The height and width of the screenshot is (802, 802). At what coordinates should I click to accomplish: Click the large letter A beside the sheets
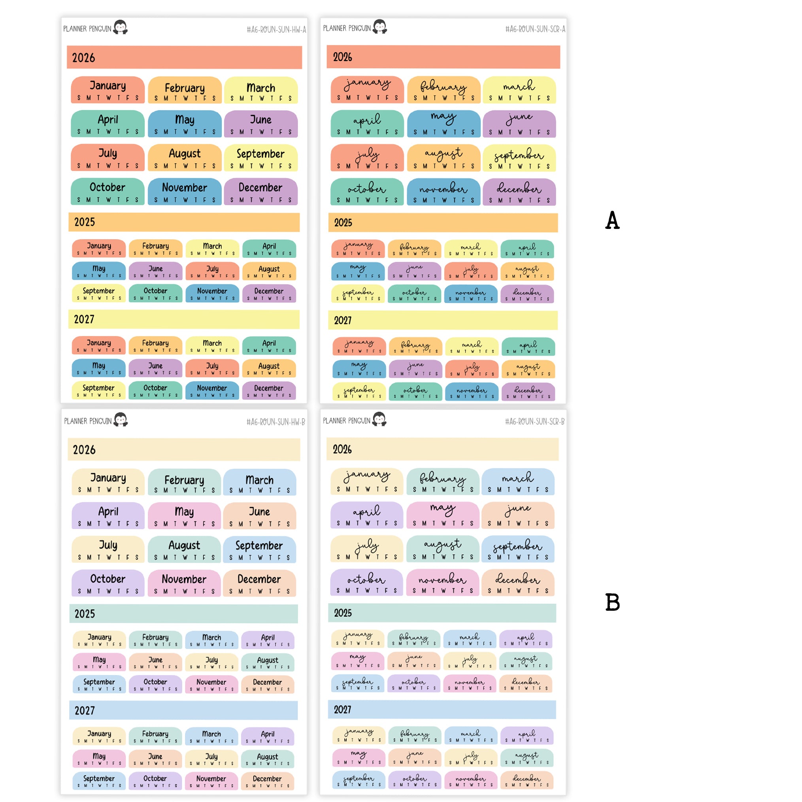[x=612, y=220]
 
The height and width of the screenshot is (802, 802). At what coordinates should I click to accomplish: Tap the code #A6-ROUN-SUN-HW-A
[x=276, y=30]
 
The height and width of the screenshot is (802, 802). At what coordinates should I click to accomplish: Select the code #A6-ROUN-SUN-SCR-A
[x=535, y=29]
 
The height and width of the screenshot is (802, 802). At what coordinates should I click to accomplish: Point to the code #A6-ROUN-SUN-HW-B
[x=276, y=422]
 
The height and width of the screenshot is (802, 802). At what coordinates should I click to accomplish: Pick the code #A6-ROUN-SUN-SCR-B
[x=534, y=421]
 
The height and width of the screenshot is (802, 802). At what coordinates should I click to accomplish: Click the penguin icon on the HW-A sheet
[x=121, y=27]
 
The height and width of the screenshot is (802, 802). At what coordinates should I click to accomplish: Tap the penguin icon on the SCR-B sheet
[x=379, y=419]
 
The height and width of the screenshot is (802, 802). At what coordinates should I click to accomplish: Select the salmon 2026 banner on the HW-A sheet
[x=184, y=57]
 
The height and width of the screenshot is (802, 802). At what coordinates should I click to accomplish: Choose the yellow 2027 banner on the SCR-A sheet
[x=443, y=320]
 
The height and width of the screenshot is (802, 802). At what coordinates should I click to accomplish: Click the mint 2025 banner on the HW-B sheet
[x=183, y=613]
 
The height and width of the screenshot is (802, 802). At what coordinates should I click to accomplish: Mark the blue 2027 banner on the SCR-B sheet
[x=442, y=710]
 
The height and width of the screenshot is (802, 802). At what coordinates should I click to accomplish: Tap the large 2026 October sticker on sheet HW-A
[x=108, y=191]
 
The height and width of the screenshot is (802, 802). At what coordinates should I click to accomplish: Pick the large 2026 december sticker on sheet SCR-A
[x=519, y=192]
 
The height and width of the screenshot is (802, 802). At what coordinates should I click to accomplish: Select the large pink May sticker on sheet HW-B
[x=184, y=515]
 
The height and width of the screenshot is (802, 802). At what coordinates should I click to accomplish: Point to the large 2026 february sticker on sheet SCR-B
[x=443, y=481]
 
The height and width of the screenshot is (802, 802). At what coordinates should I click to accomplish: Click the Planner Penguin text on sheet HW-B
[x=88, y=421]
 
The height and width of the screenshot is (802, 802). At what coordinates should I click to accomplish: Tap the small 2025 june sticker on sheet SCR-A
[x=414, y=271]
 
